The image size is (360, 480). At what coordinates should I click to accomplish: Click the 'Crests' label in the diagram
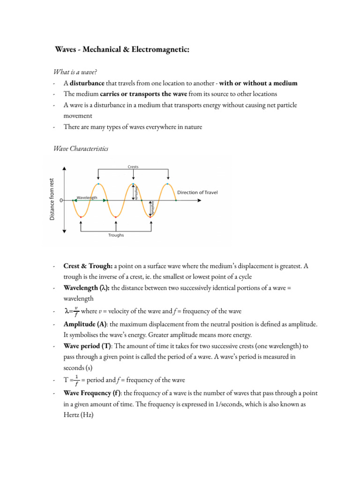pyautogui.click(x=133, y=166)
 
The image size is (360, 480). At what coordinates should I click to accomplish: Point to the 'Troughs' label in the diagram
pyautogui.click(x=116, y=235)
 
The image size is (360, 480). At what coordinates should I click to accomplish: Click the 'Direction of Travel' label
pyautogui.click(x=197, y=193)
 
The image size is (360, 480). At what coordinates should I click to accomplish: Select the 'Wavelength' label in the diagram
pyautogui.click(x=87, y=198)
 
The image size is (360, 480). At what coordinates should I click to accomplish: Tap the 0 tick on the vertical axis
pyautogui.click(x=62, y=200)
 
